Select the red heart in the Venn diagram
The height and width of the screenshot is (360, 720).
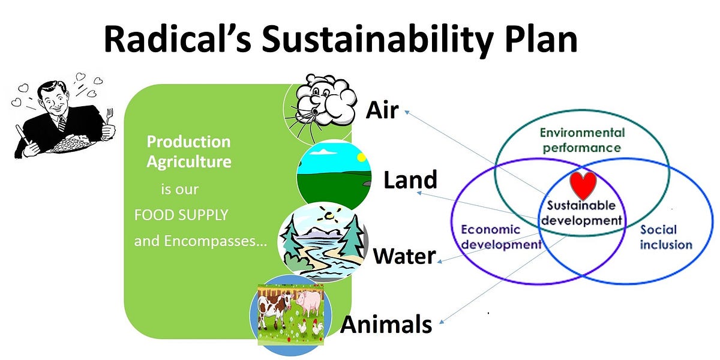583,185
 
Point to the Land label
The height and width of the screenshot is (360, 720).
410,179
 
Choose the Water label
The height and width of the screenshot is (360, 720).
404,256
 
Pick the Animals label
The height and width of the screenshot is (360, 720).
386,324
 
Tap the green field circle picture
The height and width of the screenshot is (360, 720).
334,174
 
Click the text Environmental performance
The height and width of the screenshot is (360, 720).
582,139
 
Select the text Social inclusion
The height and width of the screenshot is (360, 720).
666,237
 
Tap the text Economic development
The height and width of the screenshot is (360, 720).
501,237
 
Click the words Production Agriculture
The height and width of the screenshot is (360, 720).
189,151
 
